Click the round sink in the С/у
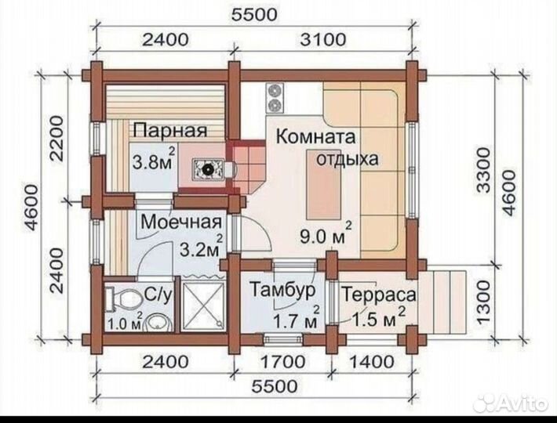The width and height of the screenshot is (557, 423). [x=156, y=321]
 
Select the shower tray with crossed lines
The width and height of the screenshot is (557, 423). [x=204, y=305]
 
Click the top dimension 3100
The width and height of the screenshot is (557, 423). [x=322, y=38]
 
